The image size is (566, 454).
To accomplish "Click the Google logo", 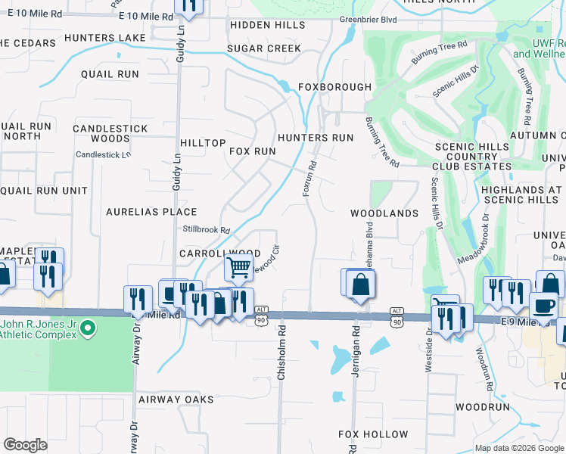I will tap(26, 445).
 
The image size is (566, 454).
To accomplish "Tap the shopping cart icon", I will tap(238, 267).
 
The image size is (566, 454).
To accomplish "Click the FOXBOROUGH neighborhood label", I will tap(334, 87).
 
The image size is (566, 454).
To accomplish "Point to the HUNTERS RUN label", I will tap(316, 138).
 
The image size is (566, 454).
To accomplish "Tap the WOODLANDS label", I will tap(384, 213).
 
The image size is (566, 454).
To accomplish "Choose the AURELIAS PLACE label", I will tap(151, 212).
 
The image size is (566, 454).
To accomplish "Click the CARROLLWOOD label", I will tap(219, 253).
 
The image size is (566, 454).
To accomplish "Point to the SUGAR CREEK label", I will tap(264, 48).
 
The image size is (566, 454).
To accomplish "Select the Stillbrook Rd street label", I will tap(206, 229).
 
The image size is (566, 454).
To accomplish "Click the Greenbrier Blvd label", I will tap(368, 20).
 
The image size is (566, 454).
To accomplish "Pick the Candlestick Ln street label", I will tap(104, 154).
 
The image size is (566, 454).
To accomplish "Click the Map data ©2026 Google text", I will tap(518, 448).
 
